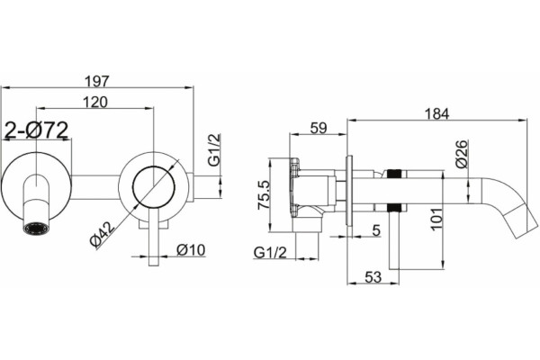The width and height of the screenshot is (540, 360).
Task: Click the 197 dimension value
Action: [97, 81]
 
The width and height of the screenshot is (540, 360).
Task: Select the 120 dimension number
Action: [95, 102]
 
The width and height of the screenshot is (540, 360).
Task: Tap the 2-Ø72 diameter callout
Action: [37, 130]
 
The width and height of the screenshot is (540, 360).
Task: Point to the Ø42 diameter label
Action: [102, 235]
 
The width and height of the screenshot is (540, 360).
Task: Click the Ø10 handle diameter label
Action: [191, 250]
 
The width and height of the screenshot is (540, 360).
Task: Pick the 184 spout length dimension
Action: [436, 114]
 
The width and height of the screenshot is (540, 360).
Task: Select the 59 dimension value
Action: [318, 128]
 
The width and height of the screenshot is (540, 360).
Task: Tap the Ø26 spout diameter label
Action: [462, 154]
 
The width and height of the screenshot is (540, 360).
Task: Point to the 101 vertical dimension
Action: [436, 219]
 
